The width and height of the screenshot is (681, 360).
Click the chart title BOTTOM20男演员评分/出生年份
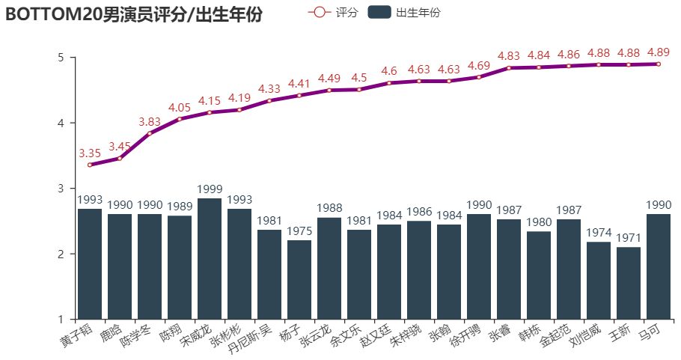click(x=134, y=13)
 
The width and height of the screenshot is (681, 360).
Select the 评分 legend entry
click(x=333, y=12)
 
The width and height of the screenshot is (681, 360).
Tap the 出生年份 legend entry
click(x=404, y=12)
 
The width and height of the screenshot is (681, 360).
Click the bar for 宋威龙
click(x=210, y=259)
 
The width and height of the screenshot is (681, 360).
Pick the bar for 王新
click(x=629, y=284)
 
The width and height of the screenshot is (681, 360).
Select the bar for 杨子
click(x=299, y=280)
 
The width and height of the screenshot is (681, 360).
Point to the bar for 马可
click(x=659, y=267)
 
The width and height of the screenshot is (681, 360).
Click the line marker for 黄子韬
click(x=90, y=165)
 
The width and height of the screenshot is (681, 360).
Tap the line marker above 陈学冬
click(x=150, y=133)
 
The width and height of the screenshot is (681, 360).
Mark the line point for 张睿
click(x=509, y=68)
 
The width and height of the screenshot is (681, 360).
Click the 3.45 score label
click(x=120, y=147)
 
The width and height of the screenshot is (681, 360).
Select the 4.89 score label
click(x=659, y=52)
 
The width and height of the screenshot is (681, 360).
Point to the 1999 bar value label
click(x=210, y=189)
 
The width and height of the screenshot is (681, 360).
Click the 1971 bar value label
click(x=629, y=238)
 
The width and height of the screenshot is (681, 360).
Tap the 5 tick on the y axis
click(x=61, y=58)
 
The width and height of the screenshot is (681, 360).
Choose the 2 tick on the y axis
click(x=61, y=254)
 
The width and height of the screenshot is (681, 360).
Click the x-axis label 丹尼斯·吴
click(x=250, y=339)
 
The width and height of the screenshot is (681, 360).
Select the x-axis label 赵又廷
click(x=376, y=335)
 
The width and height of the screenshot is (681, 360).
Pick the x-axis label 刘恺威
click(x=585, y=335)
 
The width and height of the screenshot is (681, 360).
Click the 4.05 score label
click(x=180, y=108)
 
